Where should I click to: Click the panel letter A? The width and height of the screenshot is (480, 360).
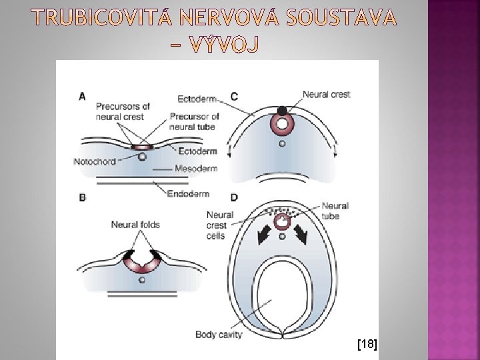[x=82, y=97]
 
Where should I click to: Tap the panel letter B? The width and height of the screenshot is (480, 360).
[x=82, y=197]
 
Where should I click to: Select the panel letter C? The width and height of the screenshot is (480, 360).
[x=234, y=97]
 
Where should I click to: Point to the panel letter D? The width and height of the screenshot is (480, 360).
[x=234, y=197]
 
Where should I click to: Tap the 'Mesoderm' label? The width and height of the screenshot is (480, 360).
[x=195, y=169]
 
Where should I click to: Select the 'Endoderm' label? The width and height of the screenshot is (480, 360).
[x=189, y=194]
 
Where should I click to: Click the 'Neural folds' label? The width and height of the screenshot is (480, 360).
[x=135, y=225]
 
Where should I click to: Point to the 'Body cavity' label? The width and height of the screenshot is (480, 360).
[x=219, y=334]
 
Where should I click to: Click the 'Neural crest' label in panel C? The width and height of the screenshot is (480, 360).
[x=326, y=95]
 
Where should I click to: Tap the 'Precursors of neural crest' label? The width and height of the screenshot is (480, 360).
[x=123, y=111]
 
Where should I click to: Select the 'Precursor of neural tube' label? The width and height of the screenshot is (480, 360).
[x=194, y=121]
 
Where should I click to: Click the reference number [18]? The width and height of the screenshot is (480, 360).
[x=367, y=344]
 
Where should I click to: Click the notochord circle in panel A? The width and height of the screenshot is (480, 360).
[x=142, y=157]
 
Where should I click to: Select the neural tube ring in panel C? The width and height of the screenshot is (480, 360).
[x=283, y=124]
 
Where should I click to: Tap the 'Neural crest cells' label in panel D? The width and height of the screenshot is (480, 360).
[x=219, y=225]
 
